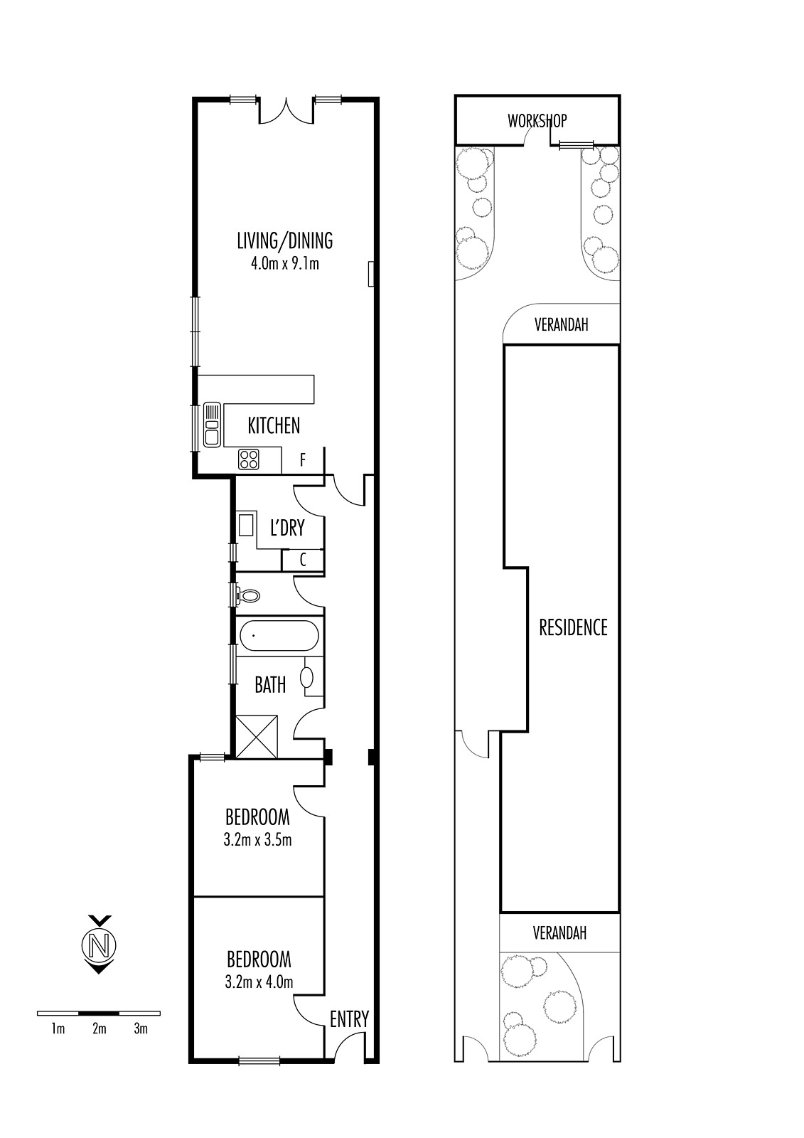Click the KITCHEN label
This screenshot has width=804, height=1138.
pyautogui.click(x=274, y=425)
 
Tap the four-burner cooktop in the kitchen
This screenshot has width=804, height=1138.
pyautogui.click(x=249, y=459)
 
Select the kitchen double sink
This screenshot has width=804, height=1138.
pyautogui.click(x=213, y=425)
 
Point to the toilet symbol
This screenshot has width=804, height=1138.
pyautogui.click(x=248, y=595)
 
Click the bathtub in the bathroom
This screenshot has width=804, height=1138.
pyautogui.click(x=279, y=636)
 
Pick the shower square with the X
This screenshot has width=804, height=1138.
pyautogui.click(x=257, y=737)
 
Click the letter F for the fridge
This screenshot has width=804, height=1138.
pyautogui.click(x=303, y=460)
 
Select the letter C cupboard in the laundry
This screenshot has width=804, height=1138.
pyautogui.click(x=304, y=560)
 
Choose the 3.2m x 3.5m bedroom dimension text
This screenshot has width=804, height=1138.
pyautogui.click(x=257, y=840)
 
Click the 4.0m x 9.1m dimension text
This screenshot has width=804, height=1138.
pyautogui.click(x=285, y=264)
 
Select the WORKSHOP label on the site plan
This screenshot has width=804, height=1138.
pyautogui.click(x=537, y=120)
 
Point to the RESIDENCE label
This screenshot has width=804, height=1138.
pyautogui.click(x=574, y=627)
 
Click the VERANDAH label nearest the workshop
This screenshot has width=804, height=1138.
pyautogui.click(x=561, y=324)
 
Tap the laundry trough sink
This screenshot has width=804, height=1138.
pyautogui.click(x=247, y=526)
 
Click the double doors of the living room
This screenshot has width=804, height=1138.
pyautogui.click(x=287, y=112)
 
